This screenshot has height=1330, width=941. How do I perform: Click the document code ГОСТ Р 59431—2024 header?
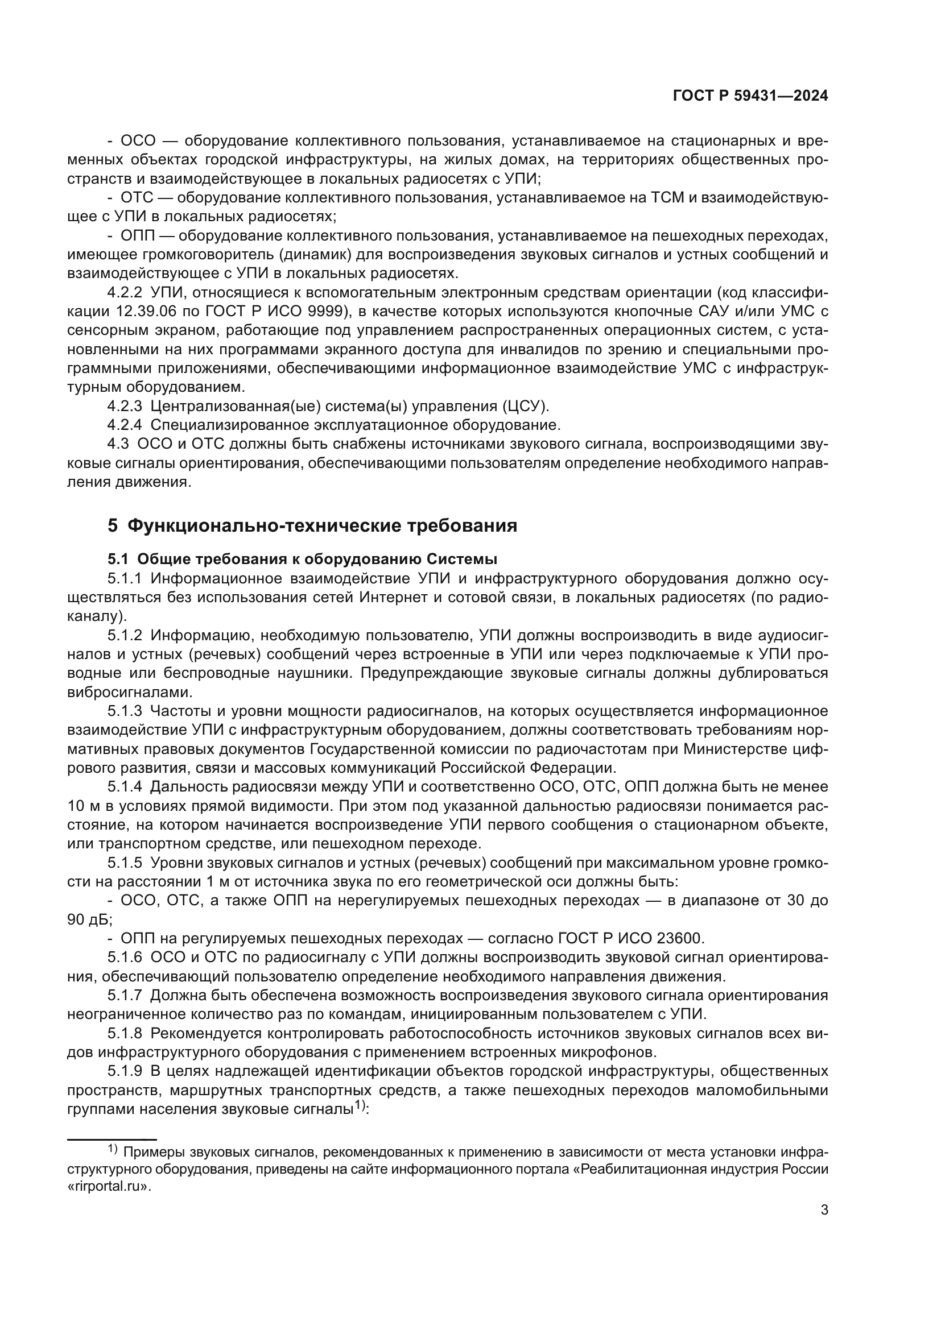[750, 96]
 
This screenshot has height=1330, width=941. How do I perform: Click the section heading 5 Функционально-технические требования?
[312, 526]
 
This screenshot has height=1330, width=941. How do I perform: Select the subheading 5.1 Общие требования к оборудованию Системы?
[303, 559]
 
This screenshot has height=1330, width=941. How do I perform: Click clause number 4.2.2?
[125, 292]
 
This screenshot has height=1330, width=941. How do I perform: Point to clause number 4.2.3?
[125, 406]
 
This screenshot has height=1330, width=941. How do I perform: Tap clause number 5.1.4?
[125, 786]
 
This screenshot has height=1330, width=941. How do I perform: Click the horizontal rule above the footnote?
[112, 1139]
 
